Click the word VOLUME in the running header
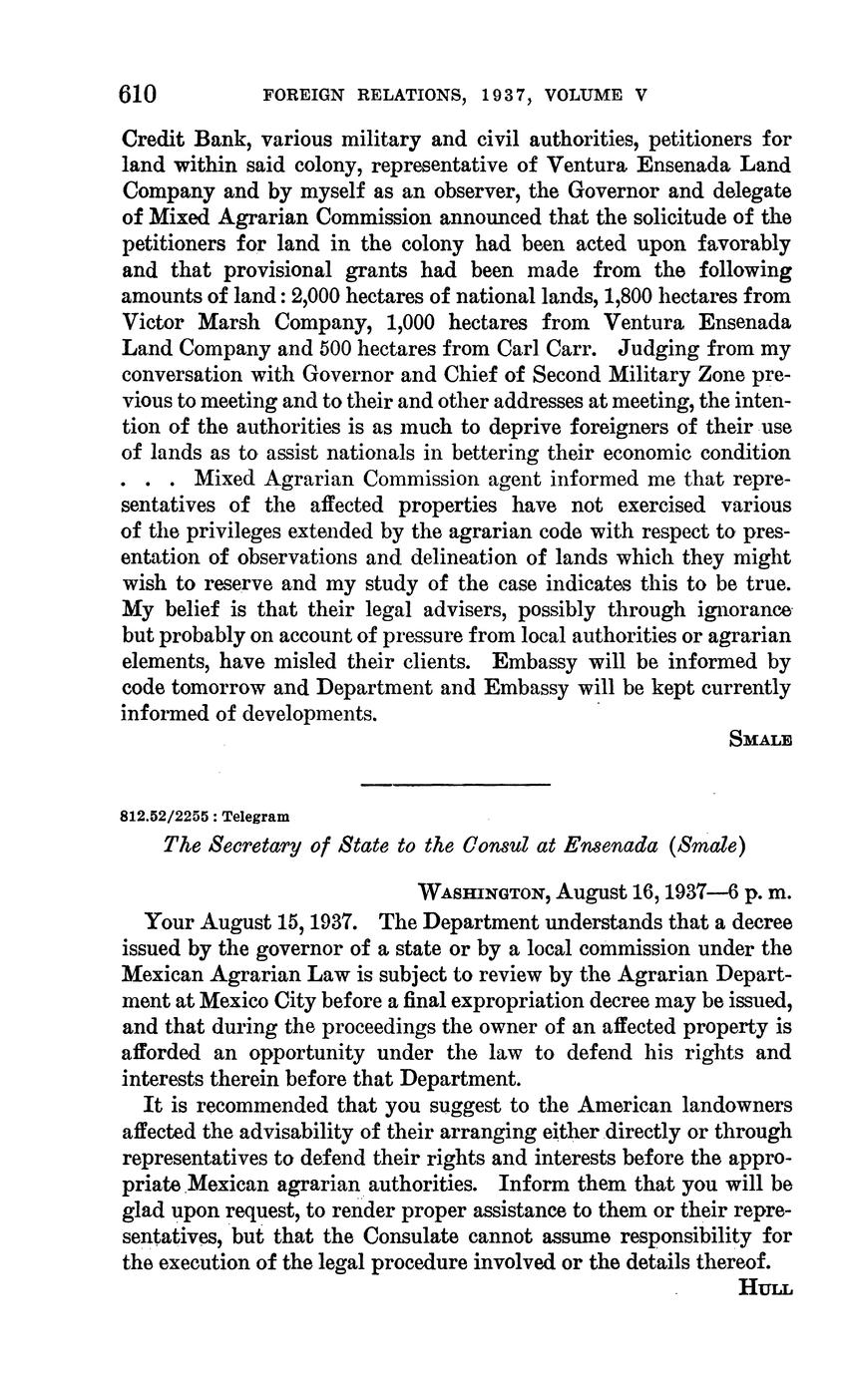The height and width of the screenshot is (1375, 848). coord(584,96)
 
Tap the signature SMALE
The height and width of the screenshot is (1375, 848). coord(761,740)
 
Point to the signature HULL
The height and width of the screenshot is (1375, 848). coord(765,1287)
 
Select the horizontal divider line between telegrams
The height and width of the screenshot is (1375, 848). coord(456,784)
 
